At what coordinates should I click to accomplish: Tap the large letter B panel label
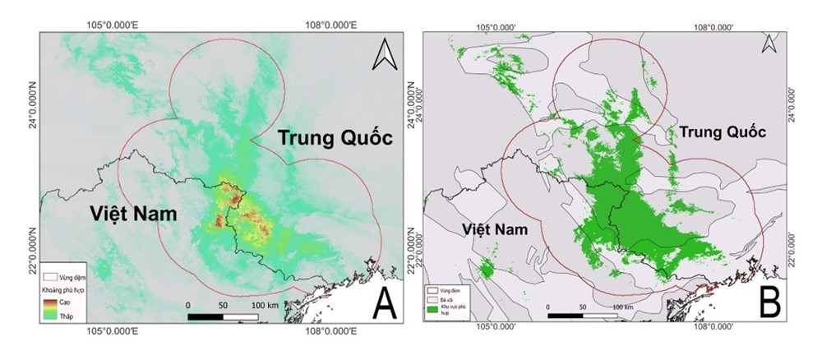tap(768, 303)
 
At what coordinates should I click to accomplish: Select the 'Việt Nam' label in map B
tap(490, 228)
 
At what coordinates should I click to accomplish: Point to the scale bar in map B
tap(581, 315)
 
